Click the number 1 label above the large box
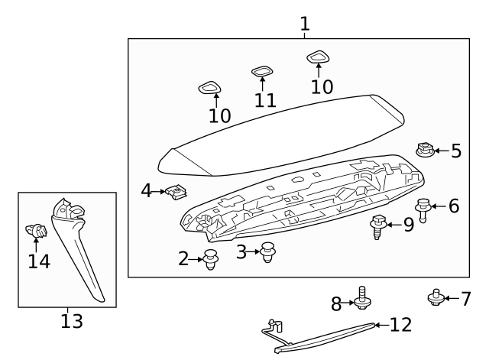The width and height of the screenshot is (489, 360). tap(305, 24)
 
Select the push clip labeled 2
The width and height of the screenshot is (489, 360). tap(211, 260)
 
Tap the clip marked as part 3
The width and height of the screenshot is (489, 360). tap(267, 251)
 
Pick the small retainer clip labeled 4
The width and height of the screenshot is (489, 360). tap(177, 193)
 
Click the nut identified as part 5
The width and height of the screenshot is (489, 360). tap(425, 150)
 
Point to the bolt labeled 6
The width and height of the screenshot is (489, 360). tap(422, 208)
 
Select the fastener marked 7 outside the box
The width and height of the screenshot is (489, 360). tap(436, 297)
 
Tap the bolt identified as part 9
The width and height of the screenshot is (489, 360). tap(377, 226)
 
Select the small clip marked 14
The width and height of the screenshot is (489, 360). tap(35, 229)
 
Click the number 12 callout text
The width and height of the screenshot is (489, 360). tap(400, 325)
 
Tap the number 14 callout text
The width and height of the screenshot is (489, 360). tap(38, 261)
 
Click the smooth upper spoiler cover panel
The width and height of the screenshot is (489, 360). tap(275, 134)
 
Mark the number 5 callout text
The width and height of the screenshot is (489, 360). tap(455, 151)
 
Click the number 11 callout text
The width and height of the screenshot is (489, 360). tap(264, 101)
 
